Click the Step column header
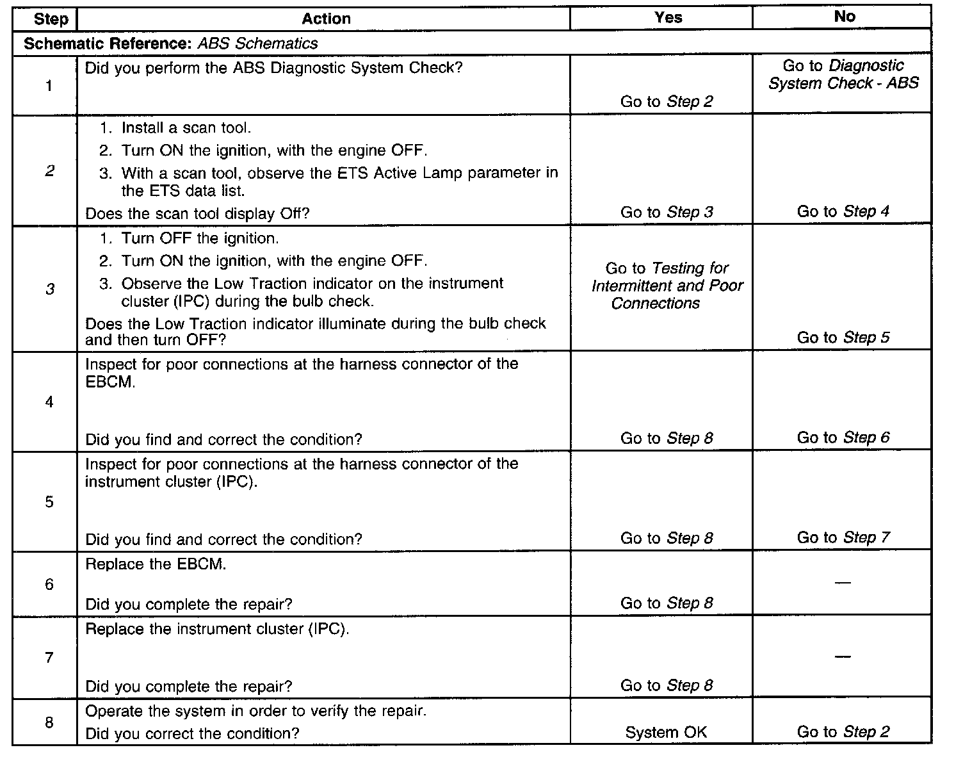tap(51, 19)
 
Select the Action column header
tap(326, 19)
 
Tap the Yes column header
tap(668, 18)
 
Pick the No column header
tap(844, 17)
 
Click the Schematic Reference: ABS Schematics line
tap(170, 44)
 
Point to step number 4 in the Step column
tap(49, 402)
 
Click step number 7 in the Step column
tap(49, 657)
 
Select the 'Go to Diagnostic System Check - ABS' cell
tap(843, 74)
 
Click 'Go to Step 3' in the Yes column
tap(667, 213)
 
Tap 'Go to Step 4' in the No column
tap(843, 211)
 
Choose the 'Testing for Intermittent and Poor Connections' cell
tap(667, 286)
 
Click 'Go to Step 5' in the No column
tap(843, 338)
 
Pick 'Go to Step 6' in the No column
tap(843, 437)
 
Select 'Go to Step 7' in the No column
tap(843, 537)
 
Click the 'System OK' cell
tap(666, 733)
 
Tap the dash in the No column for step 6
tap(843, 583)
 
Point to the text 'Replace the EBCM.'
tap(156, 565)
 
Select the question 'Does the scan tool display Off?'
tap(197, 213)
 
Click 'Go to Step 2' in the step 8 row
tap(843, 732)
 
